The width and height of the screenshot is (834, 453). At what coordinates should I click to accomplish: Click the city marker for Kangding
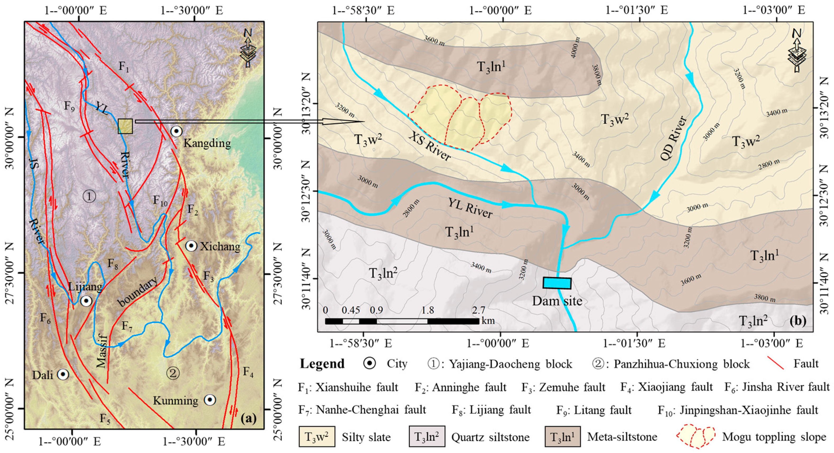point(176,131)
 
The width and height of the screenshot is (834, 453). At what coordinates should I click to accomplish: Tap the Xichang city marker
point(191,246)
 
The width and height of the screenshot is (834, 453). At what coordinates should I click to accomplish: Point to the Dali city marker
point(63,375)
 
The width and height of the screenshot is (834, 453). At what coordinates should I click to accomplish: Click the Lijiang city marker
point(86,301)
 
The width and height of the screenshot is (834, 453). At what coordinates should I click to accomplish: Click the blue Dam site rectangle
point(557,283)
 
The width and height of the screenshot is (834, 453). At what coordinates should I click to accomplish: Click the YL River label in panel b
point(470,207)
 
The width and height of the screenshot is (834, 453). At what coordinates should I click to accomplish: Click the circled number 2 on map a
point(173,373)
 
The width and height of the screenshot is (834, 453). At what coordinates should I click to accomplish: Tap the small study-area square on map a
point(125,126)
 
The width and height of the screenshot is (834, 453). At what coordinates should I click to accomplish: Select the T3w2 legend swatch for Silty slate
point(317,437)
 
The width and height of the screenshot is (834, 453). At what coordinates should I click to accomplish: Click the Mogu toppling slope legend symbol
point(695,437)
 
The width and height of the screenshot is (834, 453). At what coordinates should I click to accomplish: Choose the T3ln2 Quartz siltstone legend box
point(427,437)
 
